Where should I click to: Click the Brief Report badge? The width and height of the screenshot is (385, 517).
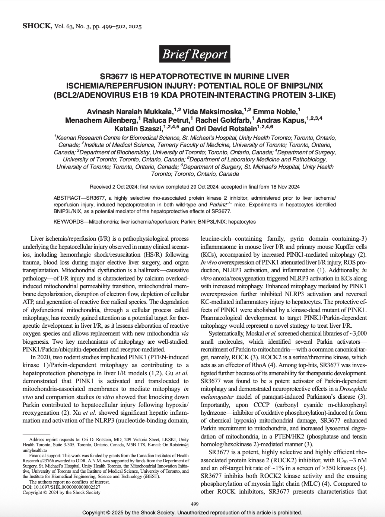coord(194,54)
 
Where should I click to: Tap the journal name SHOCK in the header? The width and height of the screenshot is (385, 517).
coord(37,26)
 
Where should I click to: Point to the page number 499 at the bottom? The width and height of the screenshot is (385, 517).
coord(194,504)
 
